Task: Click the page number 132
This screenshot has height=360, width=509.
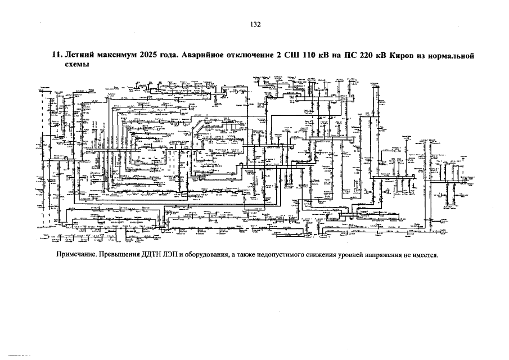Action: coord(254,25)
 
